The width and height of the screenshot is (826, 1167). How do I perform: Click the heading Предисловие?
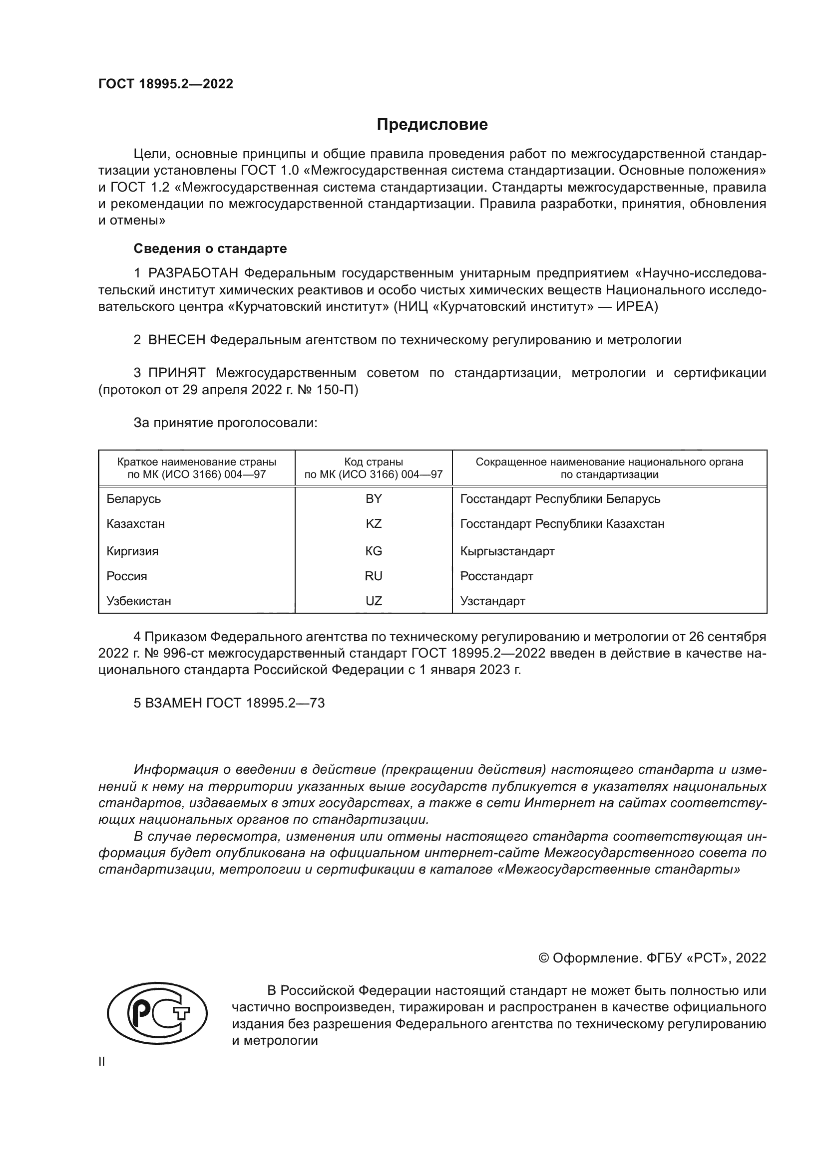coord(432,125)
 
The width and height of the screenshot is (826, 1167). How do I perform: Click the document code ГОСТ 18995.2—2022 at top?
coord(166,84)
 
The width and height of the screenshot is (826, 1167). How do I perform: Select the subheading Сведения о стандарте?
coord(210,248)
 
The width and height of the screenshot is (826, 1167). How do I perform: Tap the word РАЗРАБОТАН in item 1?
coord(193,273)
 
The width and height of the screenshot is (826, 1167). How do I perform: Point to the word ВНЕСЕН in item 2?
coord(176,340)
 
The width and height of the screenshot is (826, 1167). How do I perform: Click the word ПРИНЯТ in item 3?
coord(176,373)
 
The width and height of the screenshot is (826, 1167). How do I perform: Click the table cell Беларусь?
coord(134,499)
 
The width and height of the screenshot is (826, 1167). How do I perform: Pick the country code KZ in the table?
coord(374,524)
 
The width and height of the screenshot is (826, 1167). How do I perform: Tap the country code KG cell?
coord(374,551)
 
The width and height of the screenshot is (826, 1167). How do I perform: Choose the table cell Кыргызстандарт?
coord(507,551)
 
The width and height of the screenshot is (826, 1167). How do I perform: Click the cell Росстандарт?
coord(496,576)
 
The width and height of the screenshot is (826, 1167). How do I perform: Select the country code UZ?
coord(374,601)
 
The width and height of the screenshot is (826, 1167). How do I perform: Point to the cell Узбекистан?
coord(139,601)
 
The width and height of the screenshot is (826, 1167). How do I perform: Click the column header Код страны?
coord(374,462)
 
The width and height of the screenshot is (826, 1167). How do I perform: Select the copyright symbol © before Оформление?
coord(543,958)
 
